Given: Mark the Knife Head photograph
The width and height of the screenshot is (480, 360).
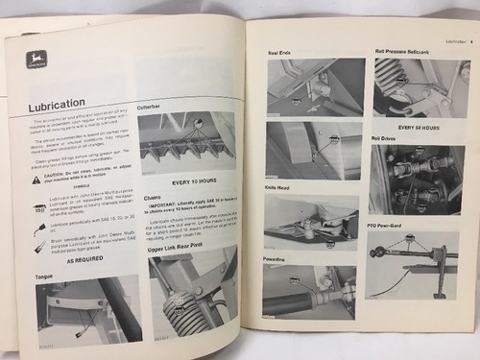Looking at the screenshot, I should (x=312, y=226).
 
